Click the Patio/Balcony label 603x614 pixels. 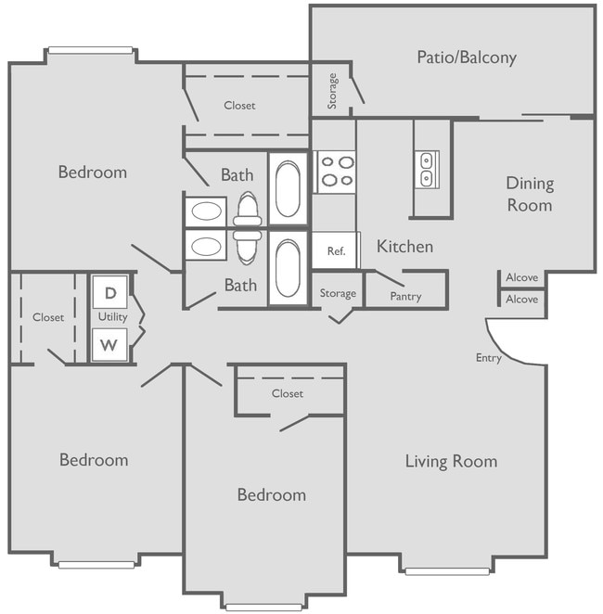click(467, 58)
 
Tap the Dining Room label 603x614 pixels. click(530, 194)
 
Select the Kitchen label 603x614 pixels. click(404, 247)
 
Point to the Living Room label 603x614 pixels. click(451, 461)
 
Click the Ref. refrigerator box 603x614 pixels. click(335, 250)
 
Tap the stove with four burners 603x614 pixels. click(336, 172)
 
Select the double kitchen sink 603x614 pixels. click(427, 169)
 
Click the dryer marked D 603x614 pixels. click(109, 294)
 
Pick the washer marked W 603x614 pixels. click(109, 345)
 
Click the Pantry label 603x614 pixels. click(405, 297)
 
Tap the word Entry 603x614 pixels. click(488, 358)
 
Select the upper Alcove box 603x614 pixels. click(521, 277)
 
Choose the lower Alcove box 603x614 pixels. click(521, 300)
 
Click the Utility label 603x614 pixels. click(113, 318)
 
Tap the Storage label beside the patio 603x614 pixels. click(333, 90)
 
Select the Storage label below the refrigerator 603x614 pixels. click(338, 294)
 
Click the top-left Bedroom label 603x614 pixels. click(92, 172)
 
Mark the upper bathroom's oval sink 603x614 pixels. click(206, 211)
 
